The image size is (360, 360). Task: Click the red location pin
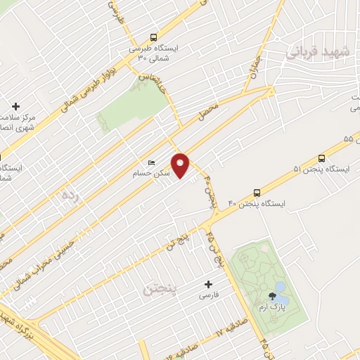[x=181, y=165]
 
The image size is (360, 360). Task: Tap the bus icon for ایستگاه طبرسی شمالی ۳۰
[x=154, y=37]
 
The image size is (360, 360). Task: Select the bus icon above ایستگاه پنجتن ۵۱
[x=321, y=158]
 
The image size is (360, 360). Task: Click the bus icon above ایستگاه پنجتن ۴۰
[x=257, y=191]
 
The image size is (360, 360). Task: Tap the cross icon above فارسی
[x=208, y=285]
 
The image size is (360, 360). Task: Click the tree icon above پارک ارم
[x=272, y=295]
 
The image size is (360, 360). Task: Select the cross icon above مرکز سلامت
[x=16, y=106]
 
